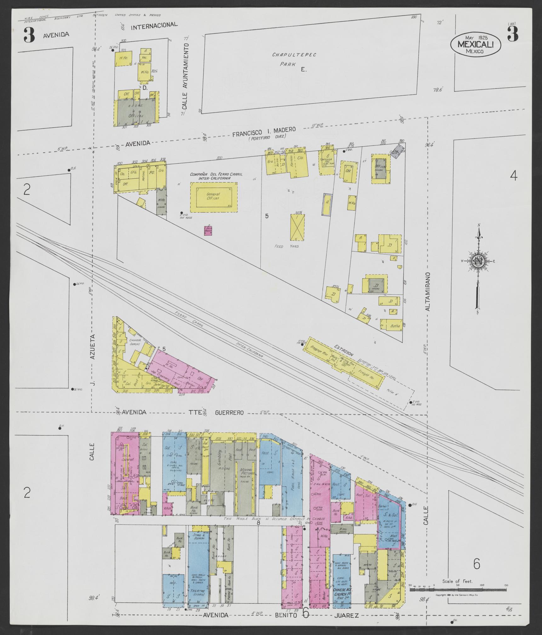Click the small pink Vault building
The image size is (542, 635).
pyautogui.click(x=208, y=230)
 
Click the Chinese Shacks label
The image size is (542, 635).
pyautogui.click(x=136, y=342)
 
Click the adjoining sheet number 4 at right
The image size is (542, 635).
pyautogui.click(x=513, y=176)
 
